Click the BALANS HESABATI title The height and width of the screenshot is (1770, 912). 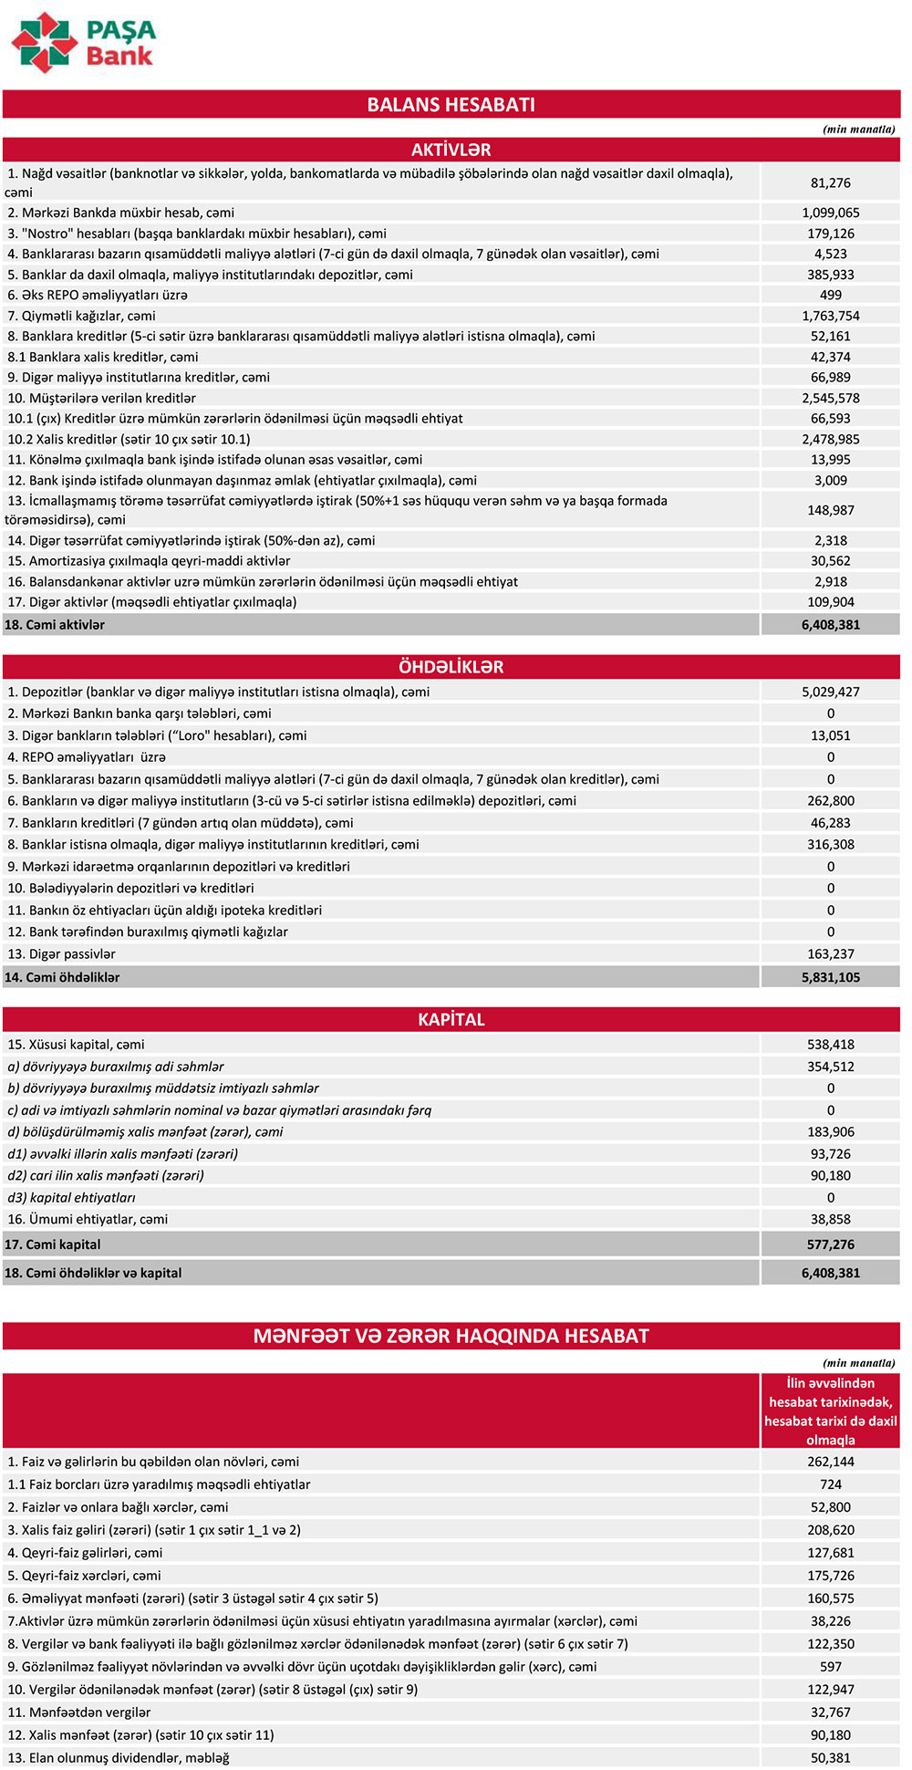coord(451,104)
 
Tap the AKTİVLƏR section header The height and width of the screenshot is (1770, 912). coord(451,150)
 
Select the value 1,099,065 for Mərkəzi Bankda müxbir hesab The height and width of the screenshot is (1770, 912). coord(830,213)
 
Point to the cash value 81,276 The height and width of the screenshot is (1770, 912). coord(830,182)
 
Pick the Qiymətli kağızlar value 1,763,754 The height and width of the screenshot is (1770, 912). coord(830,316)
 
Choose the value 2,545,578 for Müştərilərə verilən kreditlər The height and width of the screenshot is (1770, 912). coord(830,398)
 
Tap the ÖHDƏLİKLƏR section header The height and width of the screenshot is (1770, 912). coord(451,667)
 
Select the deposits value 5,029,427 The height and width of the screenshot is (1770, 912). coord(830,692)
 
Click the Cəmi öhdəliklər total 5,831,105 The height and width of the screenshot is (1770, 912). coord(830,977)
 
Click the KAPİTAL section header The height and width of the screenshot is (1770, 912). coord(451,1019)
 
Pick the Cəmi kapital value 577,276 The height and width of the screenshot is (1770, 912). coord(830,1244)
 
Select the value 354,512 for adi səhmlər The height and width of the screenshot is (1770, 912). coord(830,1067)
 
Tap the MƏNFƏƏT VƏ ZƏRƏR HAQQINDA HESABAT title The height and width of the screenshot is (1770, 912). coord(451,1336)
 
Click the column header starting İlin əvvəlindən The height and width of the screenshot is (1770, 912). coord(830,1411)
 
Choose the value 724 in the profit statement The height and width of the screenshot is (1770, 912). coord(830,1484)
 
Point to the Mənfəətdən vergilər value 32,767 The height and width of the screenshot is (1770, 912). coord(830,1713)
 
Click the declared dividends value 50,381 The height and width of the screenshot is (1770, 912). coord(830,1758)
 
